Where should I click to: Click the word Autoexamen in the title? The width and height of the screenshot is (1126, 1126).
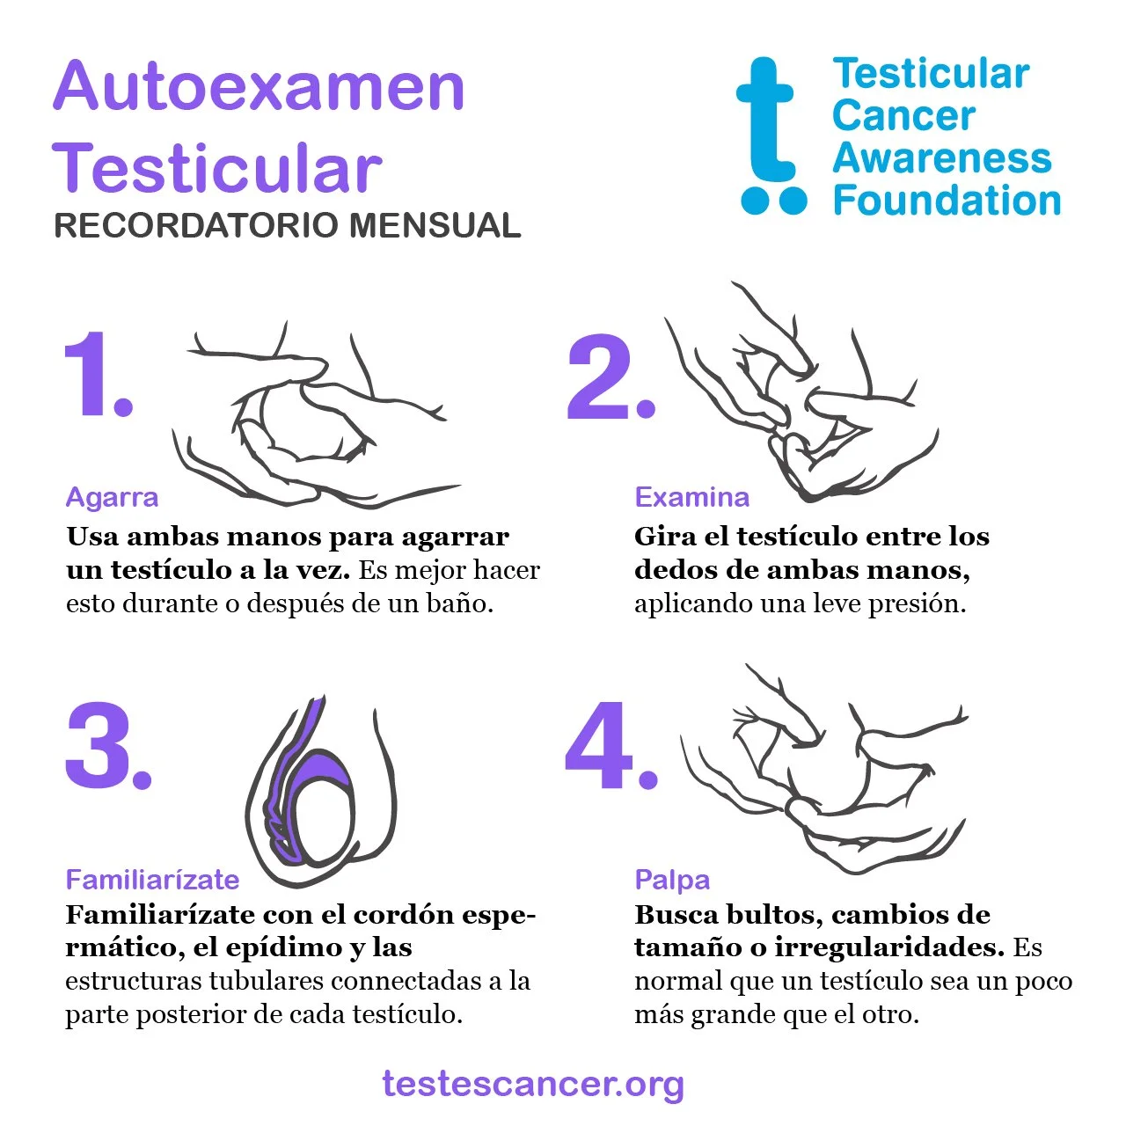[x=259, y=86]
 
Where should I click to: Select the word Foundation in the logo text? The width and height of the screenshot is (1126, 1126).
[x=947, y=200]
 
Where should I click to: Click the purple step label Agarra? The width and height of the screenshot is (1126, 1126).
[x=113, y=499]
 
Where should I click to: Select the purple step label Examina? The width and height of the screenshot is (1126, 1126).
[x=691, y=497]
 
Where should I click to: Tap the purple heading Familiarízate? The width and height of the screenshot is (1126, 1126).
[x=152, y=880]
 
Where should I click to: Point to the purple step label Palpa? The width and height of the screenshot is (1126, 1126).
[x=672, y=881]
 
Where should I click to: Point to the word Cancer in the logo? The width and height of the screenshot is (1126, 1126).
[x=903, y=116]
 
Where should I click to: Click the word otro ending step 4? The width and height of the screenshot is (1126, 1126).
[x=890, y=1014]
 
